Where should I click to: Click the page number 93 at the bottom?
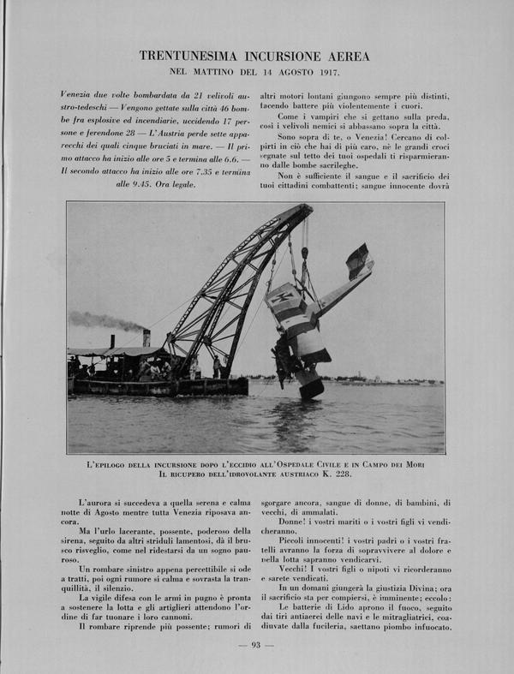pyautogui.click(x=255, y=645)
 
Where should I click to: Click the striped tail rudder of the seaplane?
pyautogui.click(x=357, y=256)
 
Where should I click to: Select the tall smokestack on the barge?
pyautogui.click(x=146, y=338)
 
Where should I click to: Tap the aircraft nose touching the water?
pyautogui.click(x=310, y=390)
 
